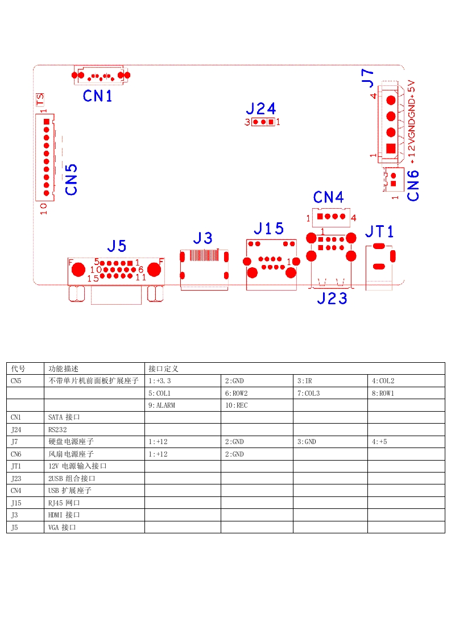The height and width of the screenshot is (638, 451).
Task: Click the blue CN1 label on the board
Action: pos(97,96)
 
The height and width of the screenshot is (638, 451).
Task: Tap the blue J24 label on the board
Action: pos(261,109)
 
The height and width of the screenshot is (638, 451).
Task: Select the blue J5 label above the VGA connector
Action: pos(117,246)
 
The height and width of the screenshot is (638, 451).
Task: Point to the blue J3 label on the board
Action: pos(202,238)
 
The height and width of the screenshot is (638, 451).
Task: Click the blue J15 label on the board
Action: pos(268,228)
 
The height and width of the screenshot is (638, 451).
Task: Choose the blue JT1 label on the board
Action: pos(379,231)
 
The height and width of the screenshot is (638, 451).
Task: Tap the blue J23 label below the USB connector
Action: pos(332,299)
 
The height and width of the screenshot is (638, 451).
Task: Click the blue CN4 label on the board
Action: pos(329,197)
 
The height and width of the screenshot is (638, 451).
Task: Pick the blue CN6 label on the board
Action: pos(413,185)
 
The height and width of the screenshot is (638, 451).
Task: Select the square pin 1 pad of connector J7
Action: pos(391,148)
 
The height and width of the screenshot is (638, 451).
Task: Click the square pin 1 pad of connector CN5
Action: pos(47,122)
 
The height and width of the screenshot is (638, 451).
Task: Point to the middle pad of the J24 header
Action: pos(263,122)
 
